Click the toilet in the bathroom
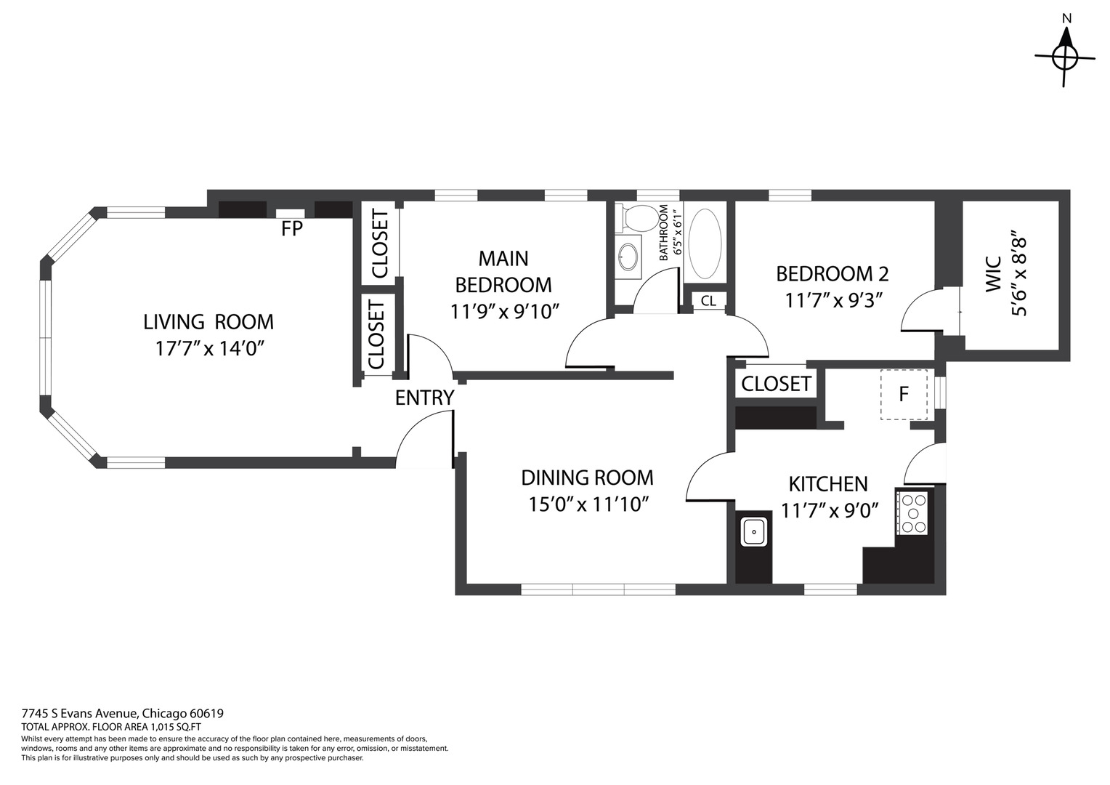pyautogui.click(x=636, y=218)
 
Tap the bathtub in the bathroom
pyautogui.click(x=705, y=244)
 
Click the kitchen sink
pyautogui.click(x=754, y=531)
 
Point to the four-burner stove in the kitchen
pyautogui.click(x=912, y=512)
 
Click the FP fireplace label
pyautogui.click(x=292, y=229)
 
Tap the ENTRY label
pyautogui.click(x=425, y=398)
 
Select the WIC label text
pyautogui.click(x=993, y=274)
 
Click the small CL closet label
pyautogui.click(x=708, y=300)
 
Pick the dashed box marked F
pyautogui.click(x=904, y=395)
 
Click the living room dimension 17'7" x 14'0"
pyautogui.click(x=208, y=349)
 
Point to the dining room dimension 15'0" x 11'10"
pyautogui.click(x=588, y=505)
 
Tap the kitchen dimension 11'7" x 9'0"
pyautogui.click(x=830, y=510)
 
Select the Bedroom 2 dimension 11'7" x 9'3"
pyautogui.click(x=834, y=300)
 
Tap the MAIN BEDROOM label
pyautogui.click(x=503, y=272)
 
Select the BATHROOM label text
pyautogui.click(x=664, y=233)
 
